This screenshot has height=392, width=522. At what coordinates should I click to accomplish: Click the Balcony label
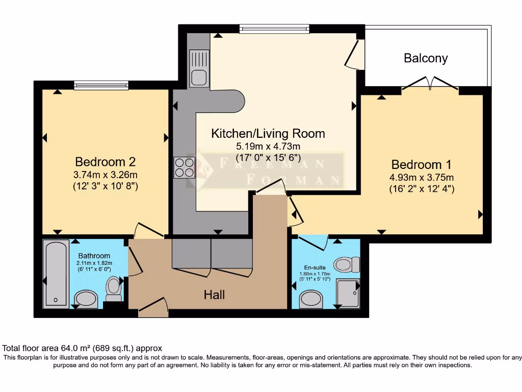(426, 58)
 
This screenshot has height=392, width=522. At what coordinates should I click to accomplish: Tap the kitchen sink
(199, 68)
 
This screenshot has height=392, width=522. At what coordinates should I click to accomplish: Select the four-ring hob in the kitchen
(185, 167)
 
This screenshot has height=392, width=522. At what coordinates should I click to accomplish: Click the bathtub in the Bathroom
(56, 275)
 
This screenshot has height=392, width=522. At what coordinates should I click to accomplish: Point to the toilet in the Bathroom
(113, 288)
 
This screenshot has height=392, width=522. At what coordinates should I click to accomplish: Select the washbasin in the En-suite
(311, 300)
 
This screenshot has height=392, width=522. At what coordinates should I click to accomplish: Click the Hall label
(214, 295)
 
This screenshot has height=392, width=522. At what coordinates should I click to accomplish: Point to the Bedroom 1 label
(422, 165)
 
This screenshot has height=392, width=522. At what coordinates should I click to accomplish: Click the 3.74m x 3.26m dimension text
(106, 175)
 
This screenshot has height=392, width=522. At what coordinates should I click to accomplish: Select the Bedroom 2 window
(101, 85)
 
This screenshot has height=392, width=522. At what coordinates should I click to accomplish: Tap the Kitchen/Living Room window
(274, 29)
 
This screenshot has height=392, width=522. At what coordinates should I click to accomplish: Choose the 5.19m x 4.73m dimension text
(268, 146)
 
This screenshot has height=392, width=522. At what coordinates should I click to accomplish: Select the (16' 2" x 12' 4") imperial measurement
(422, 189)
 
